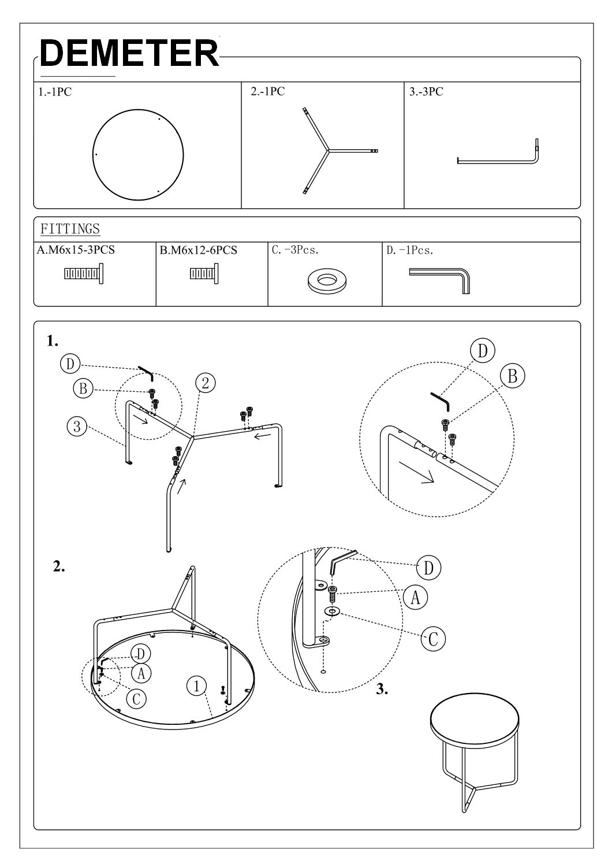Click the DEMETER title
point(129,53)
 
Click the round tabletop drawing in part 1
point(138,155)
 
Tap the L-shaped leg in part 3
point(497,160)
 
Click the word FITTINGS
point(70,229)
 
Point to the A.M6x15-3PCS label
point(76,250)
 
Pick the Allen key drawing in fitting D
point(442,279)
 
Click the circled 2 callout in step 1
point(205,383)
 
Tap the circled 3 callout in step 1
point(77,427)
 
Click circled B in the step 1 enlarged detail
point(513,376)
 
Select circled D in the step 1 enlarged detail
point(483,351)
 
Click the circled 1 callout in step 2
point(197,686)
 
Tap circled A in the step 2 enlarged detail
point(415,597)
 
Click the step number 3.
point(382,689)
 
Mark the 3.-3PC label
point(426,91)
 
